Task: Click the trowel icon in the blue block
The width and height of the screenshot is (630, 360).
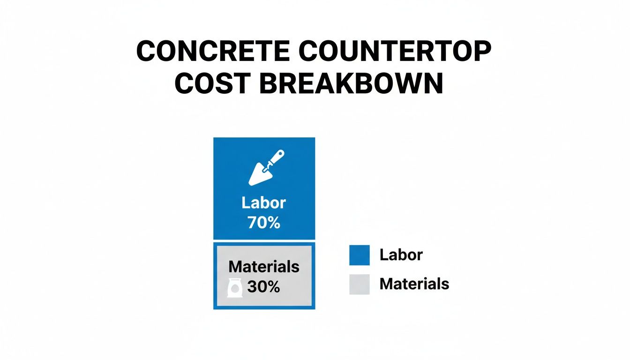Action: pyautogui.click(x=265, y=167)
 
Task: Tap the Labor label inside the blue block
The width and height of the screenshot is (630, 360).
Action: pyautogui.click(x=264, y=203)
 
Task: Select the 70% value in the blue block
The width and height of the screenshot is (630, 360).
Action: pyautogui.click(x=264, y=222)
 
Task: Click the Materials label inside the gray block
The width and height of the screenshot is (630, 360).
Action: pyautogui.click(x=264, y=266)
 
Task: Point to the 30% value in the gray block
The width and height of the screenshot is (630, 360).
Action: pyautogui.click(x=263, y=287)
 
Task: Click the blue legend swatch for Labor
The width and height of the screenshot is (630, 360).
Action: pyautogui.click(x=360, y=255)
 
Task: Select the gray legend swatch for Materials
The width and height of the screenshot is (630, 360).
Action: pyautogui.click(x=360, y=284)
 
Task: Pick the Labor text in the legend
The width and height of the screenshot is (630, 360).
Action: pyautogui.click(x=401, y=255)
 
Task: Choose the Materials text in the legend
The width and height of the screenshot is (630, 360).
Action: pyautogui.click(x=414, y=284)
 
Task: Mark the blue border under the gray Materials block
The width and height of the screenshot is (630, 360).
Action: pyautogui.click(x=264, y=307)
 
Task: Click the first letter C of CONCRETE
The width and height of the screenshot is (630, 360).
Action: pyautogui.click(x=146, y=51)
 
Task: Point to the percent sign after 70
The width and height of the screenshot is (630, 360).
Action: pyautogui.click(x=274, y=222)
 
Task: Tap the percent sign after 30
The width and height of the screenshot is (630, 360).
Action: pyautogui.click(x=273, y=287)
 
